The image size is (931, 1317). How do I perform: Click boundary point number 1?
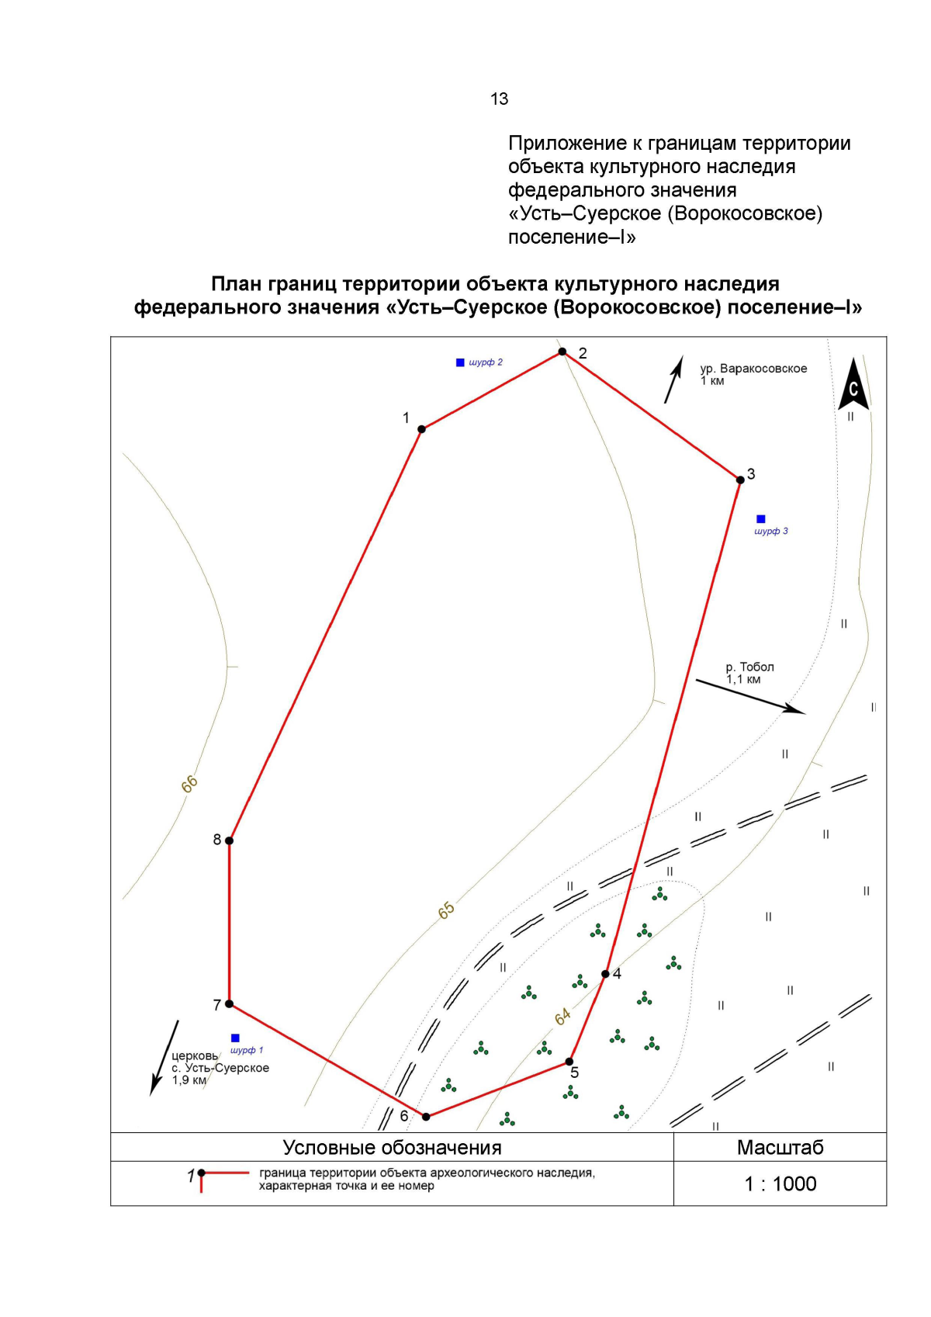tap(421, 429)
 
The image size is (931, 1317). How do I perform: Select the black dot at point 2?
tap(562, 352)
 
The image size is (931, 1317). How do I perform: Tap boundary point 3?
tap(741, 480)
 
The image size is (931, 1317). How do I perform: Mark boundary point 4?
tap(605, 974)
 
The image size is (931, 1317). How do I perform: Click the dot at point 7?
tap(229, 1003)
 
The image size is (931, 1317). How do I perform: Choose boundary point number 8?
tap(229, 840)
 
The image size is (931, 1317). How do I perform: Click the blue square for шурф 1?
tap(235, 1038)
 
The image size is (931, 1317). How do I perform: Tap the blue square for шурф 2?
tap(460, 362)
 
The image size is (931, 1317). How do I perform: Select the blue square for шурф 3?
tap(761, 519)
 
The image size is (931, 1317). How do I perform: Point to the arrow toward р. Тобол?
tap(750, 697)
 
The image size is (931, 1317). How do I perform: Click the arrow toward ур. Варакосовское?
tap(674, 380)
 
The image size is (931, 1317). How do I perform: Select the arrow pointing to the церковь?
tap(164, 1059)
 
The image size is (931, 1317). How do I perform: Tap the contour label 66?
tap(189, 785)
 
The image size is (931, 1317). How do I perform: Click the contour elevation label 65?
tap(447, 911)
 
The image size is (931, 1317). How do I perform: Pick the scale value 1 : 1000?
tap(780, 1184)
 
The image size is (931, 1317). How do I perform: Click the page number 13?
tap(499, 99)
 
